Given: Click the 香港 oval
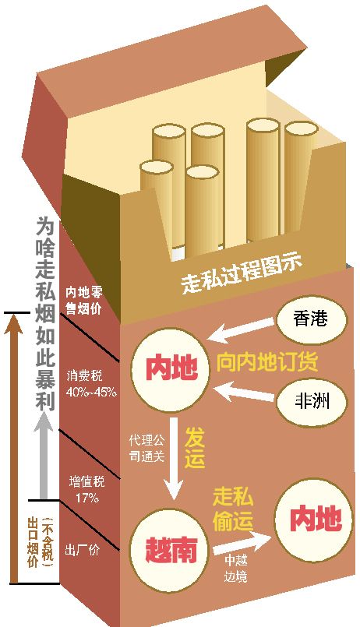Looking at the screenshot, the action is (x=311, y=319).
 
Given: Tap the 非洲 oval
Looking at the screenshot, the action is (x=311, y=401).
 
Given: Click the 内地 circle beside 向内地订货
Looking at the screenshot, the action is (x=171, y=368).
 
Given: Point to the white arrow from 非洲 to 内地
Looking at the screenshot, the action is (x=242, y=391).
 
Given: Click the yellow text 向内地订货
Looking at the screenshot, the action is (x=267, y=362).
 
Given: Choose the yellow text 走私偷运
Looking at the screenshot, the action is (x=233, y=509).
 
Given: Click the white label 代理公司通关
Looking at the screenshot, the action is (x=146, y=449).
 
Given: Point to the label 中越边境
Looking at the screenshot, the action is (x=235, y=569).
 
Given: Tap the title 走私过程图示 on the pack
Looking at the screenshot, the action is (x=242, y=274).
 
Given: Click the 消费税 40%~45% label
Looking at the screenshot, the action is (x=92, y=384).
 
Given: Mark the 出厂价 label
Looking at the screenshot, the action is (x=82, y=550).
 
